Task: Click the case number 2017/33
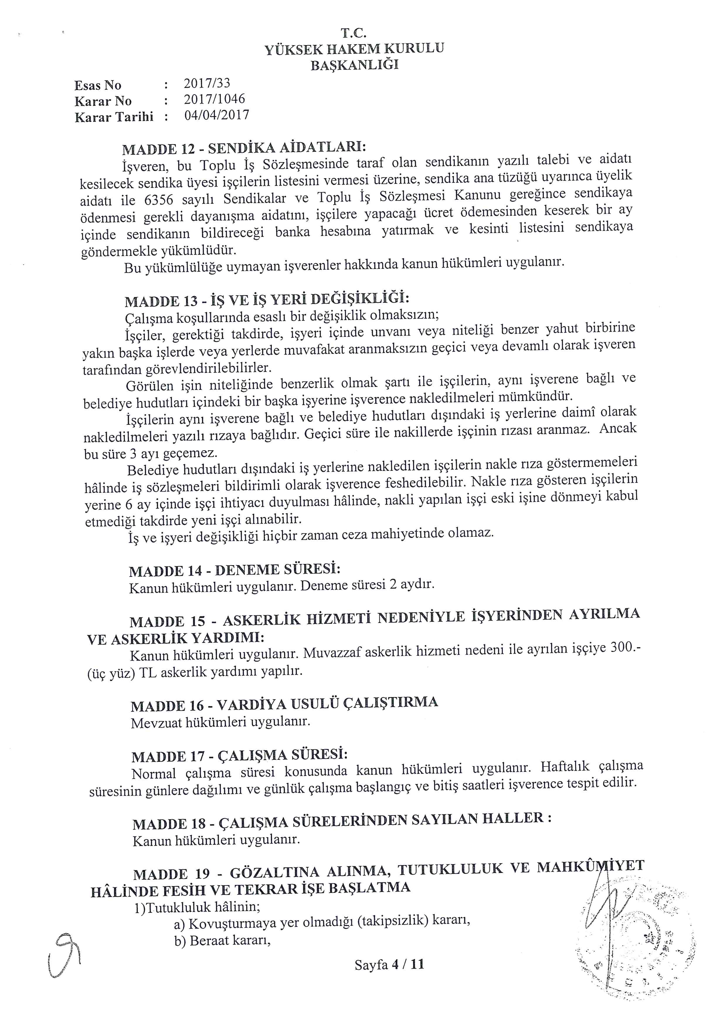pos(207,83)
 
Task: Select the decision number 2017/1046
pos(214,99)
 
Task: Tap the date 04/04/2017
pos(217,115)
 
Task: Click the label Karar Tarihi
pos(114,117)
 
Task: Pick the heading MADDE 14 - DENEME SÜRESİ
pos(235,570)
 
